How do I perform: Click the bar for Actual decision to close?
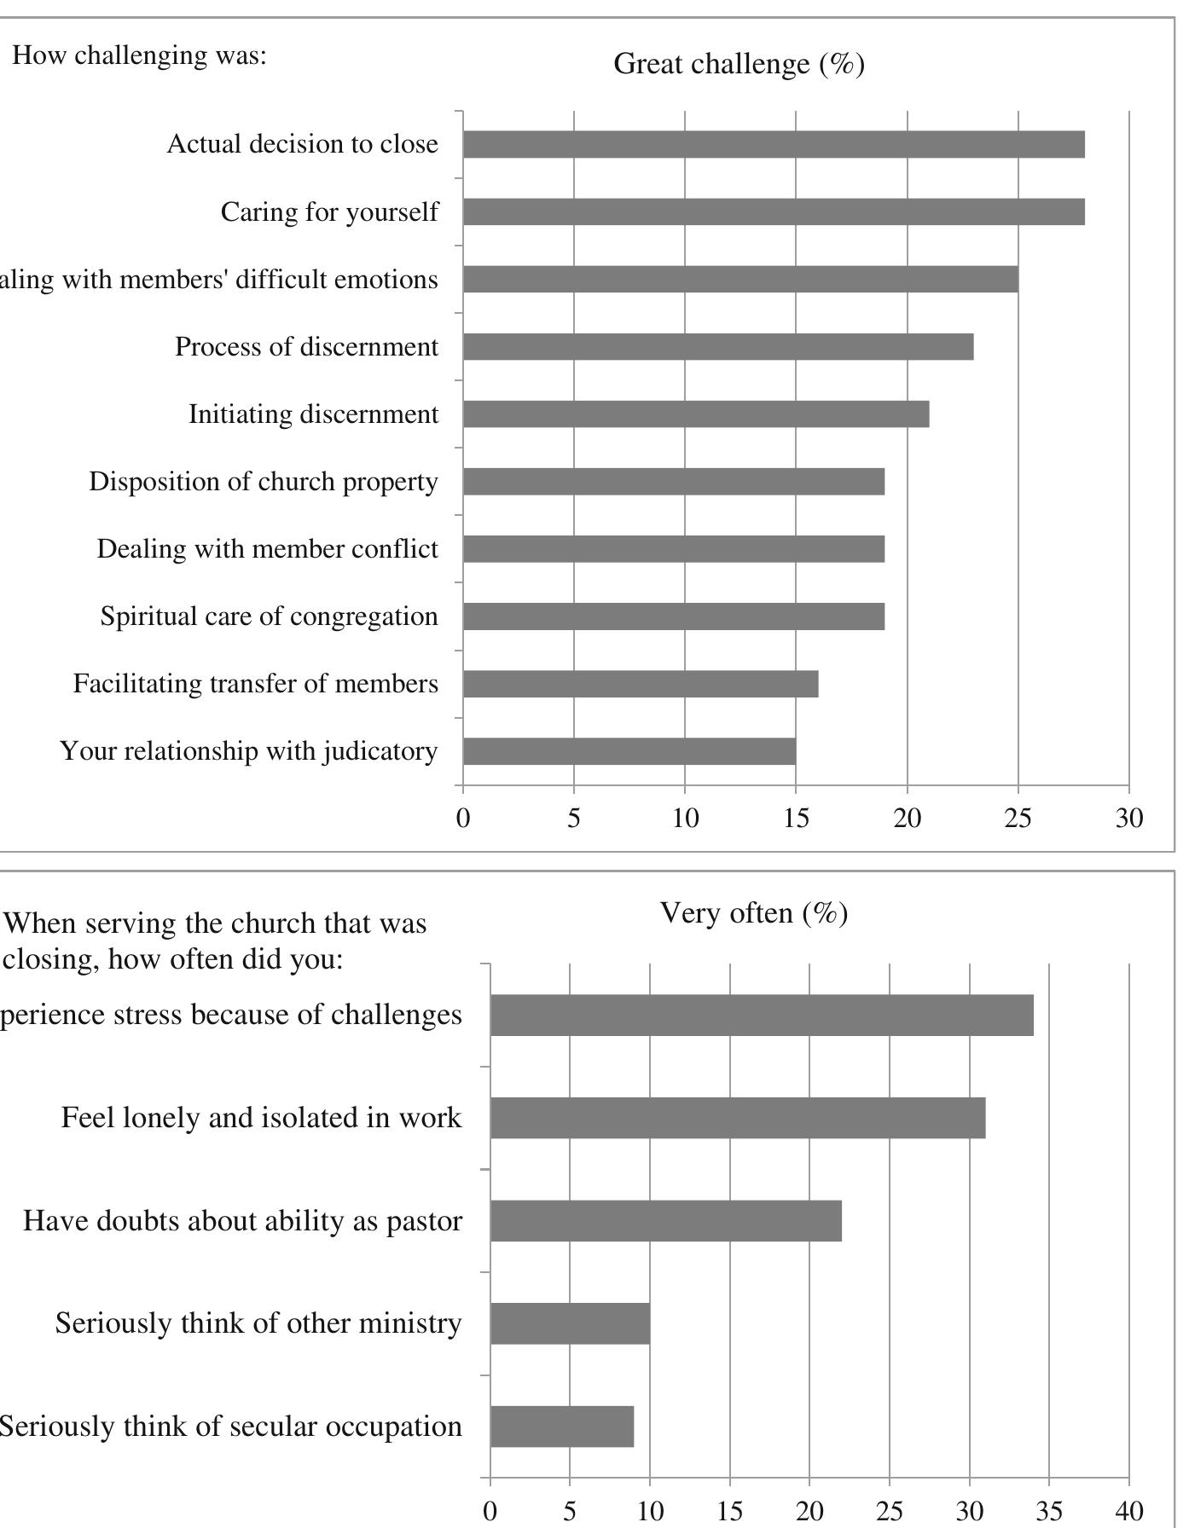click(774, 144)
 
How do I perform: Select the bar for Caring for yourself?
click(774, 211)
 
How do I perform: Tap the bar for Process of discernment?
click(718, 347)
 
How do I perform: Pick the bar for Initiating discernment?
click(696, 414)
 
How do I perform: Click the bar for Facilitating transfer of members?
click(641, 684)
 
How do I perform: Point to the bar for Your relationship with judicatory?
click(629, 751)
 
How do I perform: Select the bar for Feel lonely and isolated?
click(738, 1118)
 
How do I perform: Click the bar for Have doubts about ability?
click(666, 1221)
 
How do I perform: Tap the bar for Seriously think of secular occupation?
click(562, 1427)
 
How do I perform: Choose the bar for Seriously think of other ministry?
click(570, 1323)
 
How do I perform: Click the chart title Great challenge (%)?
click(739, 64)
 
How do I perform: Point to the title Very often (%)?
click(754, 913)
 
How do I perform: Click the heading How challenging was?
click(139, 55)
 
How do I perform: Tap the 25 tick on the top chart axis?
click(1018, 819)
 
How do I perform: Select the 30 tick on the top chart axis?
click(1128, 819)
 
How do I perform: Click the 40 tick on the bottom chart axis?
click(1128, 1512)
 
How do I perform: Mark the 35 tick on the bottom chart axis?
click(1049, 1512)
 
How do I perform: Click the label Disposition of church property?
click(264, 482)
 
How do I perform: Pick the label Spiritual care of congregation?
click(269, 616)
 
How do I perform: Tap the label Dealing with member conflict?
click(267, 549)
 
